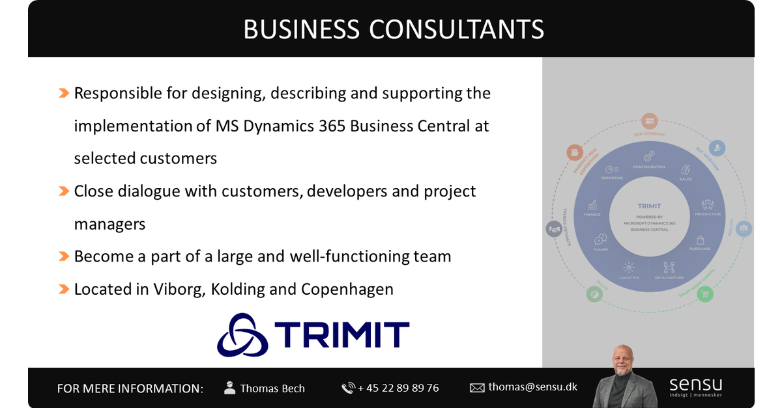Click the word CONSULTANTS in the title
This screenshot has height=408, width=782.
coord(456,30)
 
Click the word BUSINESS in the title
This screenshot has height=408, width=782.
coord(301,30)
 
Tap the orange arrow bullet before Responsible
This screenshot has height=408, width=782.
coord(64,93)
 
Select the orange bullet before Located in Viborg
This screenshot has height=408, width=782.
coord(64,289)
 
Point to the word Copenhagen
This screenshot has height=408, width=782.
coord(347,289)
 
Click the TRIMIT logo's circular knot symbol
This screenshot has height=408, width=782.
coord(242,334)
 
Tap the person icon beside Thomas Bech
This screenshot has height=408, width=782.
coord(229,388)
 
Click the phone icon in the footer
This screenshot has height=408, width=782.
coord(348,388)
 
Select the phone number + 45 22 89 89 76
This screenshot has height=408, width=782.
coord(398,388)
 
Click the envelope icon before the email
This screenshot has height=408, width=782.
coord(477,388)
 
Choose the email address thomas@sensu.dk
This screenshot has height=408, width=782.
coord(532,387)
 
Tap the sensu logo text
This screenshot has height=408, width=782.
coord(695,384)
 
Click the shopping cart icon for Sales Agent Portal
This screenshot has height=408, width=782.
coord(704,294)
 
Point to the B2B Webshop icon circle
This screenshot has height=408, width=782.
coord(648,120)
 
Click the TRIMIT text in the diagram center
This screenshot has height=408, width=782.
coord(649,206)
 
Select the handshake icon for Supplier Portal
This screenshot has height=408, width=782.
coord(554,229)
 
